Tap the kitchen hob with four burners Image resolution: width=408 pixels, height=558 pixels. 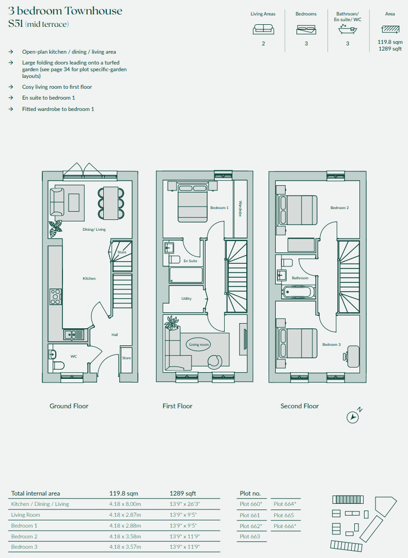click(x=55, y=297)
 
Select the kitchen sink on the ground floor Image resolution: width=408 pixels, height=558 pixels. click(x=74, y=334)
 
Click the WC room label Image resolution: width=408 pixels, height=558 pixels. click(x=74, y=356)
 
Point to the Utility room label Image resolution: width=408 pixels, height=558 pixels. click(x=186, y=298)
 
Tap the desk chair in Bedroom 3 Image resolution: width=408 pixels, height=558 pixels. click(x=346, y=356)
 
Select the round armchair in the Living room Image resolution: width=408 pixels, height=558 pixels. click(x=215, y=361)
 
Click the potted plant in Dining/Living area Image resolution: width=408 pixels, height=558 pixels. click(x=56, y=229)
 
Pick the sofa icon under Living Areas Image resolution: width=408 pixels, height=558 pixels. click(x=263, y=29)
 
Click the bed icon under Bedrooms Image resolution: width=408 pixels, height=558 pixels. click(x=306, y=30)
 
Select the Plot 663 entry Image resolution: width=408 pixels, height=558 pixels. click(x=250, y=536)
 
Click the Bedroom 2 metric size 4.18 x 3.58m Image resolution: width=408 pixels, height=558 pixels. click(x=125, y=536)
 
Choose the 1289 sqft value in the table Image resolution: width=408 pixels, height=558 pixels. click(x=183, y=493)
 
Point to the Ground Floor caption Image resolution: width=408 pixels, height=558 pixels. click(x=69, y=406)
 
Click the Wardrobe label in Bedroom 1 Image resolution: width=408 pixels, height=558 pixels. click(x=240, y=209)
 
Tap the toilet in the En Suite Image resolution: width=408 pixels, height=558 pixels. click(x=175, y=259)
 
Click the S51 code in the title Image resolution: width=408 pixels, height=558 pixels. click(x=15, y=24)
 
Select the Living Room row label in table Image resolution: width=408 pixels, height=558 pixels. click(x=26, y=515)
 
